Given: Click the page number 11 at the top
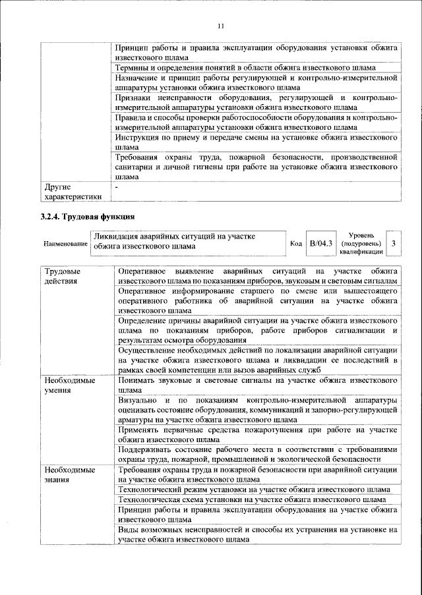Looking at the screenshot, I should tap(220, 26).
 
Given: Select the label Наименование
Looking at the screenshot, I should tap(65, 244).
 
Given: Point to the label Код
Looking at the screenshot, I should tap(296, 244).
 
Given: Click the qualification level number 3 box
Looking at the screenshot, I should tap(393, 243).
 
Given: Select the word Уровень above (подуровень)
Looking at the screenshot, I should tap(362, 235).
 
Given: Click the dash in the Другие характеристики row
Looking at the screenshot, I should tap(116, 187).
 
